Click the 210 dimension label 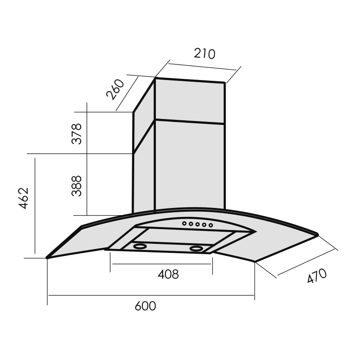204,54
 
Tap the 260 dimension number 115,89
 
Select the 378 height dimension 77,133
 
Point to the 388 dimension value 77,186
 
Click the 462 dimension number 24,198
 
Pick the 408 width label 168,274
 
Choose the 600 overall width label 145,306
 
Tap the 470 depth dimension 317,276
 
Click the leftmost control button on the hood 184,223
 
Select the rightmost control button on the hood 211,225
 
